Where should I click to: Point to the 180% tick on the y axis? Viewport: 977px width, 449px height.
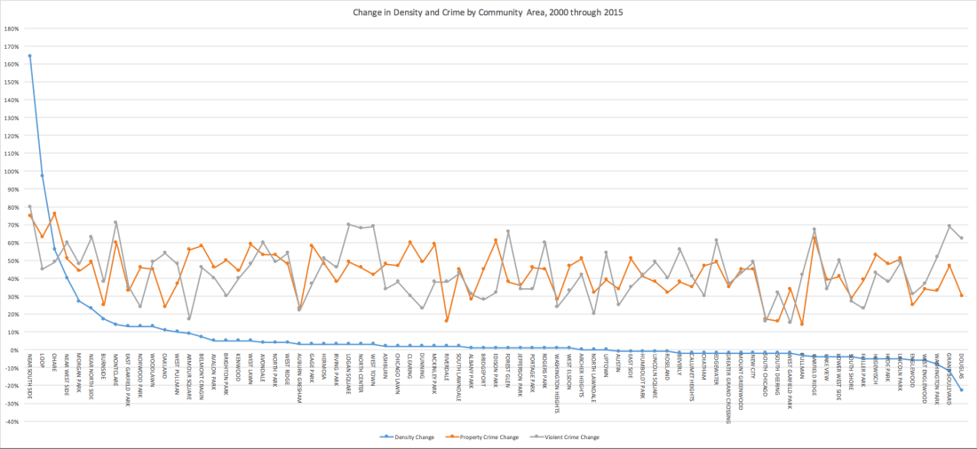pyautogui.click(x=13, y=28)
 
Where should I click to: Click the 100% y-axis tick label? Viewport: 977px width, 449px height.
pyautogui.click(x=13, y=172)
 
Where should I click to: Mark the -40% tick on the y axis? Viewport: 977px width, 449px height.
pyautogui.click(x=12, y=421)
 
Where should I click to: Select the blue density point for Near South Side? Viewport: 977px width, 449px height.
pyautogui.click(x=29, y=56)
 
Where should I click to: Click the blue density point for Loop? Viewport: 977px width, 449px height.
pyautogui.click(x=42, y=175)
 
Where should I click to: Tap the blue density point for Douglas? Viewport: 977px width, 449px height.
pyautogui.click(x=961, y=390)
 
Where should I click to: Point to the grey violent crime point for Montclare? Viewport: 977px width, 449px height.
pyautogui.click(x=115, y=222)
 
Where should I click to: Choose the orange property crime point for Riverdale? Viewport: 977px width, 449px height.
pyautogui.click(x=446, y=321)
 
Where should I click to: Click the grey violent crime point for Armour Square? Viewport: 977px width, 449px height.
pyautogui.click(x=188, y=318)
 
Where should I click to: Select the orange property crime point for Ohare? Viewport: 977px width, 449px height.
pyautogui.click(x=54, y=213)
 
